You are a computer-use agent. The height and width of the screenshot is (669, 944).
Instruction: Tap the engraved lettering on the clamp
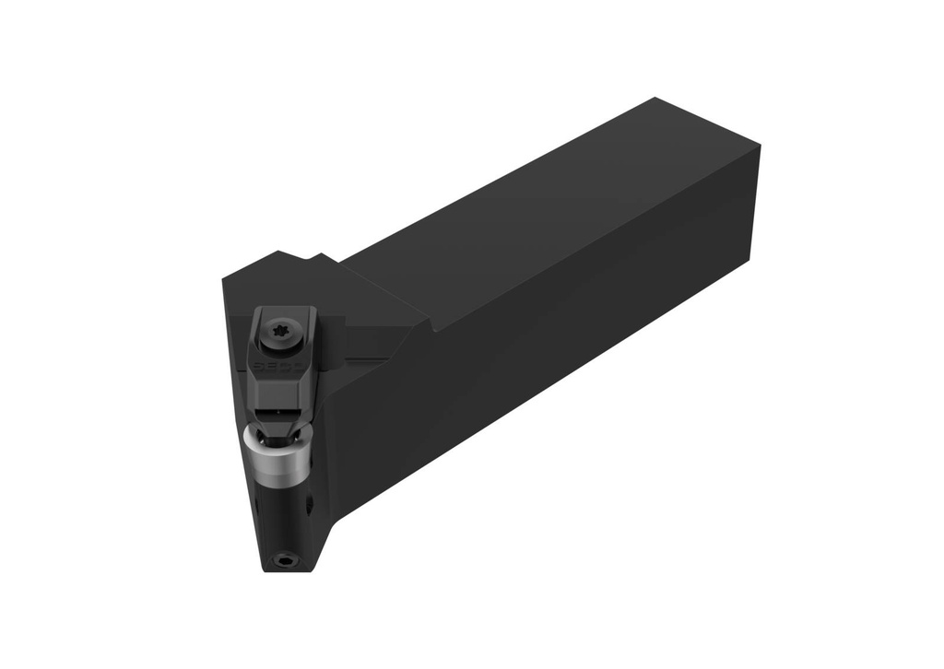(274, 366)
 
